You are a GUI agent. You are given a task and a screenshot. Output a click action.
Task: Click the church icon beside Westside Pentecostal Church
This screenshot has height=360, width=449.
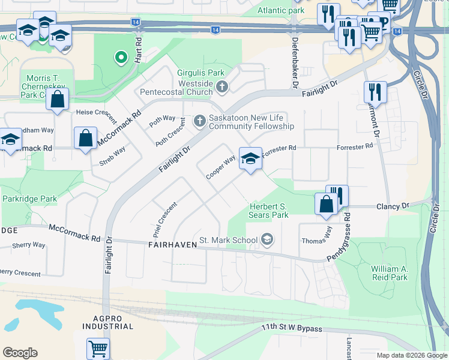[x=221, y=88]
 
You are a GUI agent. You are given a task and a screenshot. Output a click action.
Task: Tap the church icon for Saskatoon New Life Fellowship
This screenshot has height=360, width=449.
[x=199, y=122]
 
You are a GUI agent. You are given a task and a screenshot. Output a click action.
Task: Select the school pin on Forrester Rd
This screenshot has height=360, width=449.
[x=251, y=158]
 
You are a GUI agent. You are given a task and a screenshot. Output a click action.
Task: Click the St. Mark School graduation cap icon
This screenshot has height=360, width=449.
[x=267, y=241]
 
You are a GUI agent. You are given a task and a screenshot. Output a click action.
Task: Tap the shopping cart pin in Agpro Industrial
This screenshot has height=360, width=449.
[x=98, y=347]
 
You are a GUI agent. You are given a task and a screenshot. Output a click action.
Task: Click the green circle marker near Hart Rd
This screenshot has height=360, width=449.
[x=121, y=58]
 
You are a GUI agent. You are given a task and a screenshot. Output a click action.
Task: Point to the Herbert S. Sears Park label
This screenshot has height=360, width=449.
[x=268, y=211]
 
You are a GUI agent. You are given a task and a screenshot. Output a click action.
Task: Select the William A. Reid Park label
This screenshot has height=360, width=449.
[x=389, y=273]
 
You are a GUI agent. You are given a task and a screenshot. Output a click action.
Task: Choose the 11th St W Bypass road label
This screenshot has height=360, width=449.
[x=292, y=329]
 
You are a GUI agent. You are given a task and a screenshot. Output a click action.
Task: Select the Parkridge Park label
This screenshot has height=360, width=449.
[x=29, y=199]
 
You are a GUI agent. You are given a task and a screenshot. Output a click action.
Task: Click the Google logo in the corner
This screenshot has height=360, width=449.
[x=19, y=353]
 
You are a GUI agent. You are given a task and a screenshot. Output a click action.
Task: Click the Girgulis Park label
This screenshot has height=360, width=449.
[x=196, y=73]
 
